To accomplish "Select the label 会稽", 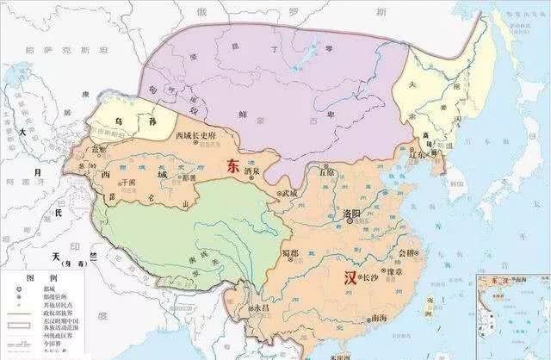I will (408, 252).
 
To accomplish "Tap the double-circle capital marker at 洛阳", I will (350, 221).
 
